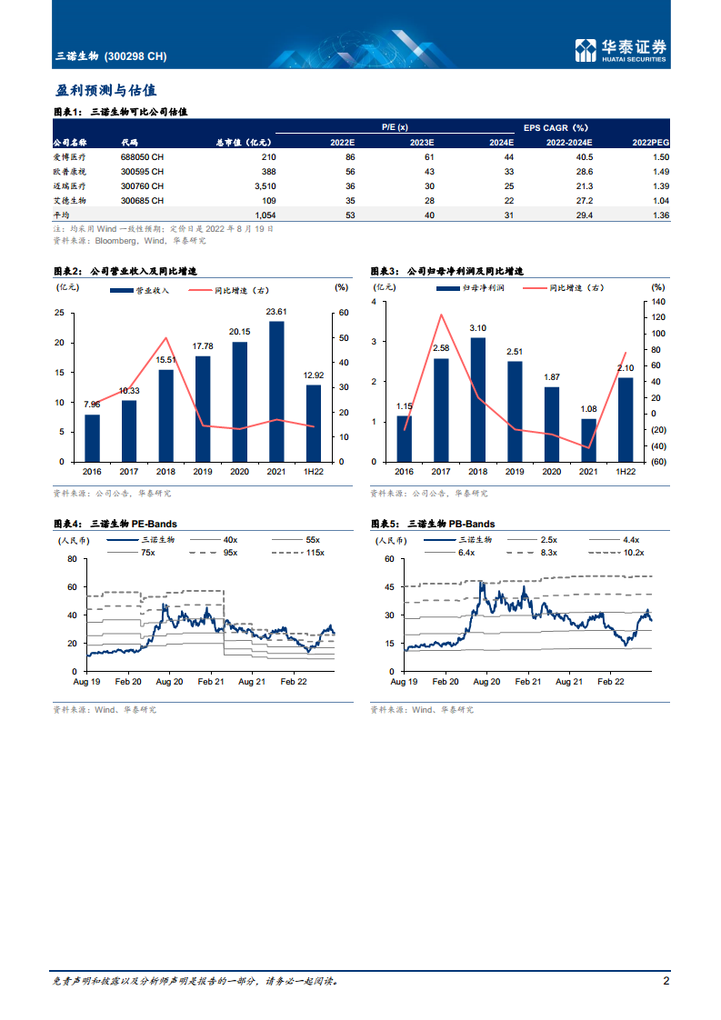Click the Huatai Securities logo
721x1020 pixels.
tap(622, 52)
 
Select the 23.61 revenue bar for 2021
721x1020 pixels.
tap(275, 391)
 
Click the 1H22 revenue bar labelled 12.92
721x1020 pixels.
tap(313, 423)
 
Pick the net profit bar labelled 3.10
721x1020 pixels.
tap(477, 399)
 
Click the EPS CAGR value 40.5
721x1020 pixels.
tap(581, 157)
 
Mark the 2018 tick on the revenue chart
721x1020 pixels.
tap(165, 472)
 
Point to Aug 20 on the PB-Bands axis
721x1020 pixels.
tap(486, 680)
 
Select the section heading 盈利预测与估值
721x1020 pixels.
tap(105, 91)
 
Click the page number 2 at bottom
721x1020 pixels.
tap(666, 981)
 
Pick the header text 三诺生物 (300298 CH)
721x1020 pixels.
tap(111, 56)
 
